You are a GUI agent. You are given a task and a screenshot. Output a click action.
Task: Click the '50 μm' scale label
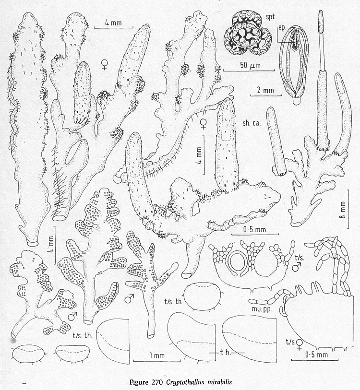point(250,66)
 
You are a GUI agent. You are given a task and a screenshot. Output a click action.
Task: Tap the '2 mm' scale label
point(265,90)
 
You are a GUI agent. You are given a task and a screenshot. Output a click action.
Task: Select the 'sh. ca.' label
point(252,123)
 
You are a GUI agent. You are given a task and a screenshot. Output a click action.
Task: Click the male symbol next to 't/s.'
point(297,268)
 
